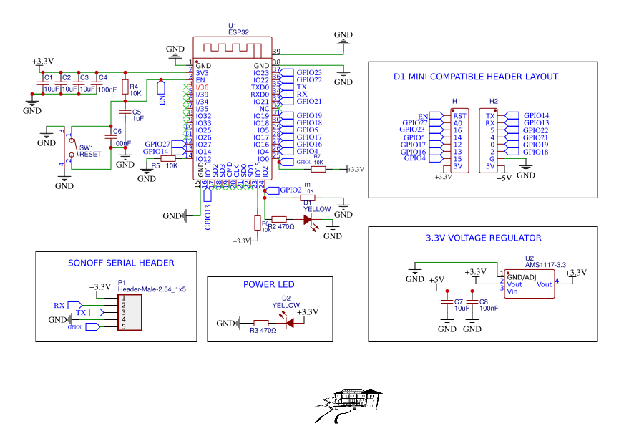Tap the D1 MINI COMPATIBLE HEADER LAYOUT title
click(x=476, y=77)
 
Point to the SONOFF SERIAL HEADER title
click(x=121, y=263)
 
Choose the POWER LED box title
click(x=268, y=284)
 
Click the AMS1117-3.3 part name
click(x=545, y=265)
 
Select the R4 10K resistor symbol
click(x=125, y=87)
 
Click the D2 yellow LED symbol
click(x=290, y=323)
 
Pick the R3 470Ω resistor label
click(x=263, y=331)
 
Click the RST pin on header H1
click(x=459, y=115)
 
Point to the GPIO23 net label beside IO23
click(x=309, y=73)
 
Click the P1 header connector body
click(x=130, y=312)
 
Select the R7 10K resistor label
click(x=318, y=159)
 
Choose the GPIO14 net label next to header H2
click(x=536, y=115)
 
